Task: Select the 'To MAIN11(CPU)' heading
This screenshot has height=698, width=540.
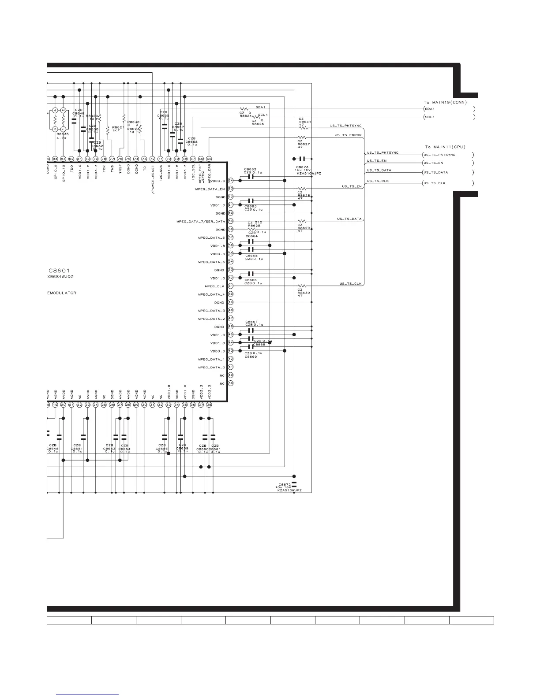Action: (x=445, y=147)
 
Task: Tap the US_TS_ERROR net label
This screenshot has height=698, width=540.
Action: (x=348, y=135)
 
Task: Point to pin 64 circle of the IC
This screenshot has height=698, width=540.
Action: (x=231, y=181)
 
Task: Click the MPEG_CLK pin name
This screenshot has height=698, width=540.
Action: (x=215, y=286)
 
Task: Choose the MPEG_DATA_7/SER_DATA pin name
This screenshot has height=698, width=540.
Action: (x=201, y=221)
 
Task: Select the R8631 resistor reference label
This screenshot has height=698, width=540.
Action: (x=304, y=122)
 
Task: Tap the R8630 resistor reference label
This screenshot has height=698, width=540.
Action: (x=304, y=292)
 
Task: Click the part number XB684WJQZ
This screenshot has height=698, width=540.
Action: (x=60, y=277)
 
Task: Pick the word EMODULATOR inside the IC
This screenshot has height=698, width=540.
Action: (x=62, y=293)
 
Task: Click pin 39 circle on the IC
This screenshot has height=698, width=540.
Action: (x=231, y=383)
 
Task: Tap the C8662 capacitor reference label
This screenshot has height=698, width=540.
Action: (x=250, y=169)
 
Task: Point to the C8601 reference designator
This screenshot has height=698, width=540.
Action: (x=59, y=270)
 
